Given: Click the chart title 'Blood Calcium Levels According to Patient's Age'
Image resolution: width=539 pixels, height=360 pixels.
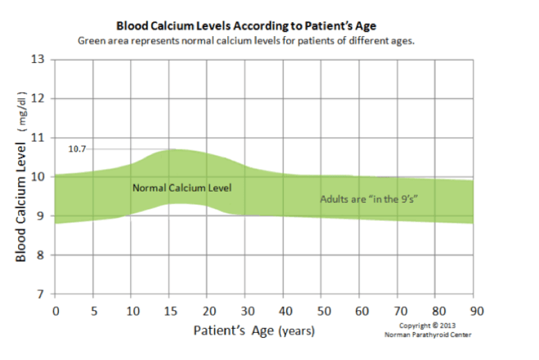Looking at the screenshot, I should [x=263, y=26].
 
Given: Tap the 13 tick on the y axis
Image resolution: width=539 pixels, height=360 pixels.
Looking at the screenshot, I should [x=38, y=59].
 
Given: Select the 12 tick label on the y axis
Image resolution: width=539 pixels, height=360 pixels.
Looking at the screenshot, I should [x=38, y=98].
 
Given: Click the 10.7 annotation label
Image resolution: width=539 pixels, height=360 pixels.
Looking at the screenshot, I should [x=78, y=149].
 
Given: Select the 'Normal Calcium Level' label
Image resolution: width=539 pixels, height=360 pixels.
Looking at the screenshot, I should [x=182, y=188].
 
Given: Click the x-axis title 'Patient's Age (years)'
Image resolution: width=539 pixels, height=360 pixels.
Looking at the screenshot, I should [x=253, y=331].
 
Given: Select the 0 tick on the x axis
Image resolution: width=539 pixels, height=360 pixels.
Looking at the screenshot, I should [x=55, y=311].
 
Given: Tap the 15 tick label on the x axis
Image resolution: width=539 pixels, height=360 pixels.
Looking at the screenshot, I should [x=169, y=311].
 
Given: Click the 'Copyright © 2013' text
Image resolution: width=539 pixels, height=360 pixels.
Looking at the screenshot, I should [x=425, y=326].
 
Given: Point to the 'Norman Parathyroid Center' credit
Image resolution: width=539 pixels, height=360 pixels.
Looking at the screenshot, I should [x=425, y=334].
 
